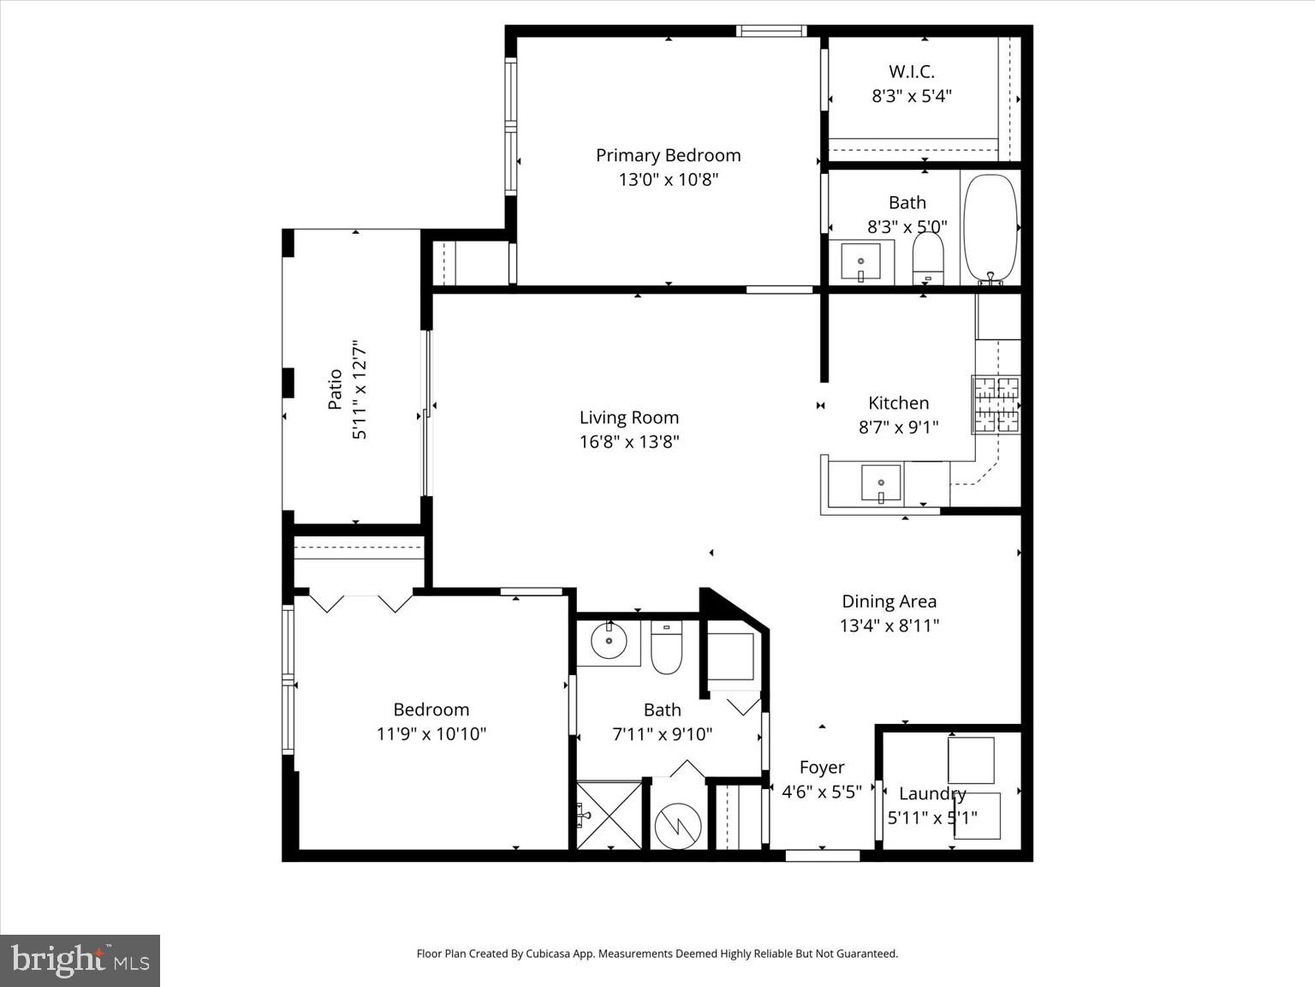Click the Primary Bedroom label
click(x=668, y=155)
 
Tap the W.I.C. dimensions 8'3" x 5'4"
click(x=911, y=96)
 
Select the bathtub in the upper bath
click(x=991, y=228)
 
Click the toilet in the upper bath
click(x=927, y=257)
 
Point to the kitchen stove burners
click(x=996, y=404)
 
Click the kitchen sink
click(x=880, y=482)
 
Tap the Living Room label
click(x=628, y=417)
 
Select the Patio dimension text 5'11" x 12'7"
click(x=360, y=390)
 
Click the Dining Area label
click(x=889, y=601)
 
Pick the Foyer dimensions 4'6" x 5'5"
click(x=821, y=792)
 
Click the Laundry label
click(x=931, y=793)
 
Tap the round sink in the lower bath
click(x=608, y=640)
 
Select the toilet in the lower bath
click(x=665, y=650)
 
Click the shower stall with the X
click(x=609, y=815)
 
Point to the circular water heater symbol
click(x=678, y=826)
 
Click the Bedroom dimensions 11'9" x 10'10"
click(x=431, y=733)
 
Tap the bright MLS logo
click(x=80, y=960)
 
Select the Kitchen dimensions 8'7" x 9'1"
click(x=898, y=427)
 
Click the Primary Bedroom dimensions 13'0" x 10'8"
click(x=668, y=180)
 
